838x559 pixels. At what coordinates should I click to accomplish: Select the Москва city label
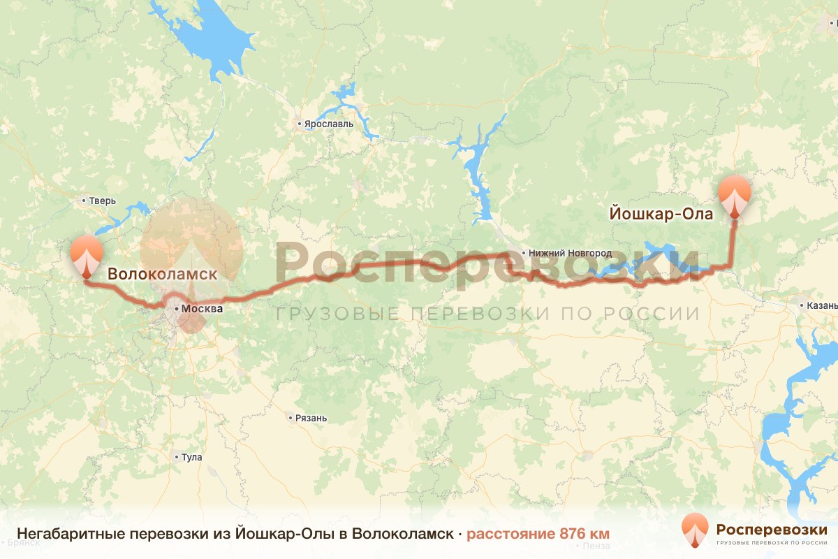pyautogui.click(x=202, y=308)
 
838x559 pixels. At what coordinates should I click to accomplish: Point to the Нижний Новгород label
pyautogui.click(x=570, y=253)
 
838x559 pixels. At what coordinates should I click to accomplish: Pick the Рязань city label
pyautogui.click(x=311, y=418)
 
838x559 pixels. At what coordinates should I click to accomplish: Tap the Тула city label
pyautogui.click(x=191, y=457)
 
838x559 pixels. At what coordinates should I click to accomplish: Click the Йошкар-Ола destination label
pyautogui.click(x=661, y=214)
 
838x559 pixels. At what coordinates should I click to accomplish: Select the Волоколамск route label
pyautogui.click(x=162, y=275)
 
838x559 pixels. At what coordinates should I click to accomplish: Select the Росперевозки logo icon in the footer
pyautogui.click(x=696, y=529)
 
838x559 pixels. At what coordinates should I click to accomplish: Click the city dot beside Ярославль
pyautogui.click(x=299, y=124)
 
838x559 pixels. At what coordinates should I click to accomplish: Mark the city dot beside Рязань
pyautogui.click(x=291, y=418)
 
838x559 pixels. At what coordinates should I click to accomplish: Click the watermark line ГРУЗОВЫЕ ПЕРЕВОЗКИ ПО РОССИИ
pyautogui.click(x=487, y=314)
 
